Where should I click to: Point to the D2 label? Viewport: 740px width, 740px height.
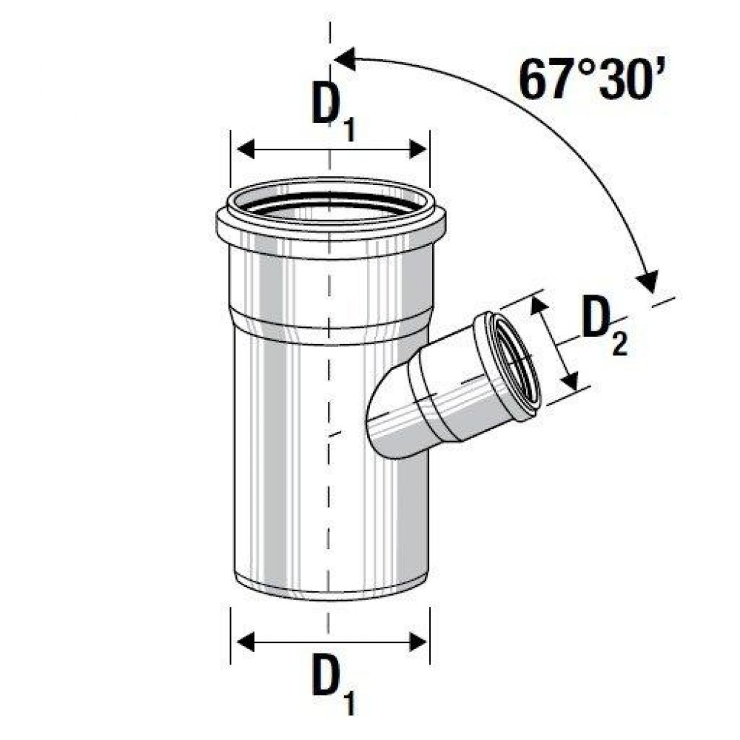[x=604, y=325]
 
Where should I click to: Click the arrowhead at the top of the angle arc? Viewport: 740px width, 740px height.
[x=345, y=59]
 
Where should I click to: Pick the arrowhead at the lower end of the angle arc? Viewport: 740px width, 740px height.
[x=647, y=280]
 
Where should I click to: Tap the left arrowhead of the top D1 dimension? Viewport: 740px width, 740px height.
[x=246, y=149]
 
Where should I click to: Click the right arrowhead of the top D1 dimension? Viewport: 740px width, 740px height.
[x=418, y=149]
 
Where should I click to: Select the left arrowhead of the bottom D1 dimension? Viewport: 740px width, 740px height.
[x=246, y=642]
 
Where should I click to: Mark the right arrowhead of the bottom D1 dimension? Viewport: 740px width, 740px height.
[x=418, y=642]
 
